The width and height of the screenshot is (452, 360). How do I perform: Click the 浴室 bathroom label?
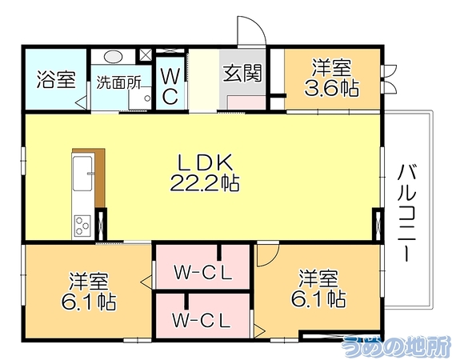[x=56, y=80]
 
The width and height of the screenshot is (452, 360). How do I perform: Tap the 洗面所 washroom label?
[x=118, y=83]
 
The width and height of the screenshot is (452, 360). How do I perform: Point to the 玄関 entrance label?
[x=242, y=73]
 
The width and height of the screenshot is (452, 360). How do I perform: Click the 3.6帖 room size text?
[x=332, y=88]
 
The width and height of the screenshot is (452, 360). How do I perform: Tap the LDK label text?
[x=206, y=163]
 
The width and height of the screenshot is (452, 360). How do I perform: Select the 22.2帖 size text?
[x=205, y=184]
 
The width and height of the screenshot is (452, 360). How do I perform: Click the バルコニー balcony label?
[x=407, y=213]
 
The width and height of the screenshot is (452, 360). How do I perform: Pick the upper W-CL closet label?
[x=203, y=272]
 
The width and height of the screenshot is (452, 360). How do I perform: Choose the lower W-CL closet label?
[x=202, y=320]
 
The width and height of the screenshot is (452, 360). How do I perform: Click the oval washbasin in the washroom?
[x=114, y=57]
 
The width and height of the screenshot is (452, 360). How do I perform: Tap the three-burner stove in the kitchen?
[x=82, y=226]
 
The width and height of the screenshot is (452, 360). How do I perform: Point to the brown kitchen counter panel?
[x=99, y=178]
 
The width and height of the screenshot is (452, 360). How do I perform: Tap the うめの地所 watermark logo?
[x=396, y=347]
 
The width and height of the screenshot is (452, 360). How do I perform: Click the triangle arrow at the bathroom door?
[x=82, y=102]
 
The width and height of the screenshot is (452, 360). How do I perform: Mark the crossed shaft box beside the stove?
[x=101, y=224]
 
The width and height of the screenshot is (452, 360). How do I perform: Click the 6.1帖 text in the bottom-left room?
[x=89, y=302]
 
